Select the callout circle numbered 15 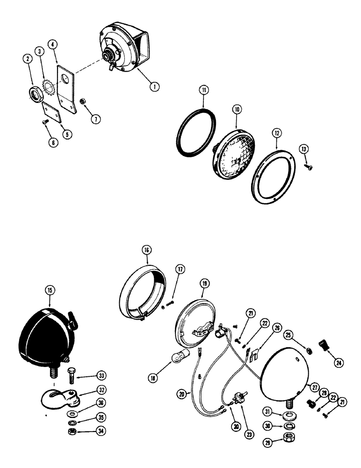click(50, 291)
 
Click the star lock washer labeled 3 click(47, 87)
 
